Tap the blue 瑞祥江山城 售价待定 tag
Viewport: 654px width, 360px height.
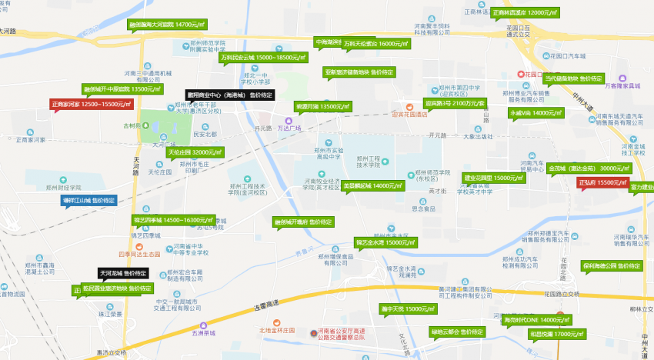point(88,200)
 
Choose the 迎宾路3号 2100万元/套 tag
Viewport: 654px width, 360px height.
point(455,102)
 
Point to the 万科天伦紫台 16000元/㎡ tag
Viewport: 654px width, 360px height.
point(376,44)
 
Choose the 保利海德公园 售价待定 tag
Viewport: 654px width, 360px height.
point(612,265)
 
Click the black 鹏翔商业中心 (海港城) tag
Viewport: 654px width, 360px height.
point(230,95)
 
